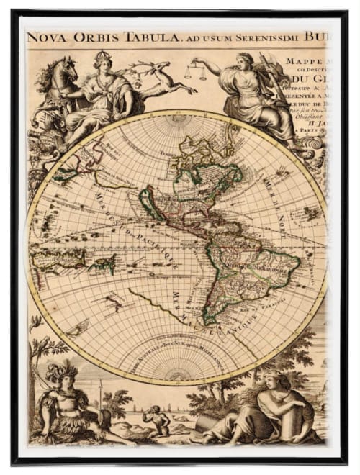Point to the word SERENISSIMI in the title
pyautogui.click(x=278, y=37)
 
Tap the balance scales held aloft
pyautogui.click(x=195, y=71)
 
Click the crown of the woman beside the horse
pyautogui.click(x=100, y=55)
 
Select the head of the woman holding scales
pyautogui.click(x=245, y=60)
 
